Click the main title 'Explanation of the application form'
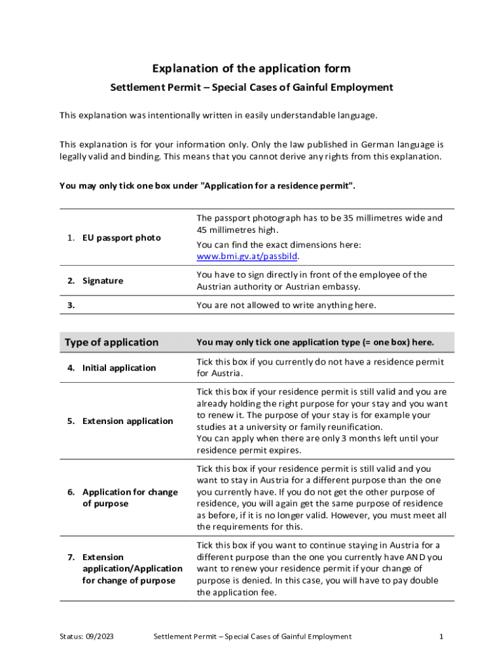pyautogui.click(x=251, y=69)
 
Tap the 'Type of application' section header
pyautogui.click(x=111, y=342)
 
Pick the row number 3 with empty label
pyautogui.click(x=70, y=305)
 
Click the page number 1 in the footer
pyautogui.click(x=442, y=637)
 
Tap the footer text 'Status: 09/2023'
pyautogui.click(x=86, y=637)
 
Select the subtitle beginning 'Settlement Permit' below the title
pyautogui.click(x=251, y=88)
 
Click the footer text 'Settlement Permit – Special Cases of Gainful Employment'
pyautogui.click(x=252, y=637)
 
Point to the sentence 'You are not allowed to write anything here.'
pyautogui.click(x=287, y=305)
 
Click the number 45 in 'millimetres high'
pyautogui.click(x=202, y=230)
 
